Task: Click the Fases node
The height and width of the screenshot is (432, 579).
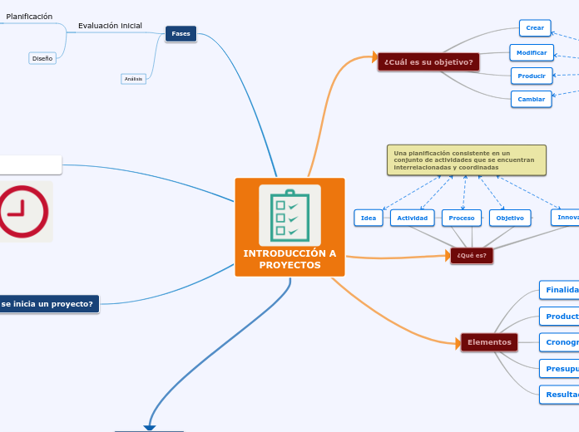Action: tap(181, 33)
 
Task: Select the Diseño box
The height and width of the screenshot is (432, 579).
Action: tap(42, 58)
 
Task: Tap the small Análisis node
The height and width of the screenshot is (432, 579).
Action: tap(133, 79)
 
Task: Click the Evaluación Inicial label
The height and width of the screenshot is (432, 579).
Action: tap(110, 26)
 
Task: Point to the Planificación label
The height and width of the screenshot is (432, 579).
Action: tap(29, 17)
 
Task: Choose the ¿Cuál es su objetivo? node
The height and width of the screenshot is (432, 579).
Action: tap(428, 62)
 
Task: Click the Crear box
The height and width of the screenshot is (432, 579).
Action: tap(535, 28)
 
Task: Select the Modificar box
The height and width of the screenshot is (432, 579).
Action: tap(532, 52)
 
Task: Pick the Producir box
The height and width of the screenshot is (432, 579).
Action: tap(532, 76)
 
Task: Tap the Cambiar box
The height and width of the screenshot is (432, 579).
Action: tap(532, 99)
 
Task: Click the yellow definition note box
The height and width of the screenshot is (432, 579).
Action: tap(466, 160)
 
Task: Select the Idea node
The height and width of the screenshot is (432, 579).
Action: tap(369, 218)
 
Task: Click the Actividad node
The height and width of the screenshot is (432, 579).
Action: tap(413, 218)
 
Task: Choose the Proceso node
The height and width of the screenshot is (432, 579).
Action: tap(462, 218)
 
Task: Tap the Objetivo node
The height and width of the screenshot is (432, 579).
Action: tap(510, 218)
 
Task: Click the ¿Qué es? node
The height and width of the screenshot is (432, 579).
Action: tap(472, 255)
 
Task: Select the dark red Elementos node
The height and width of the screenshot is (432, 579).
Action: tap(489, 342)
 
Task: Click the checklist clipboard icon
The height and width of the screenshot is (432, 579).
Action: tap(289, 214)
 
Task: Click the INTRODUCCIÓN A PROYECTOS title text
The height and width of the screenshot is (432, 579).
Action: tap(289, 259)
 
